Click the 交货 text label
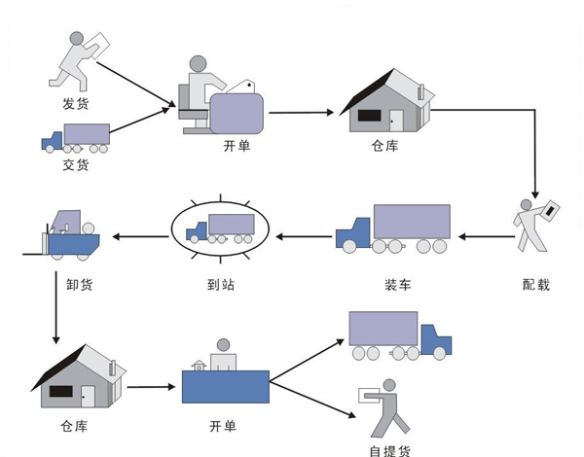coord(75,164)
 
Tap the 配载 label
coord(535,285)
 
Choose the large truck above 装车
coord(393,231)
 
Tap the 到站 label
coord(221,285)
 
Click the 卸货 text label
coord(67,285)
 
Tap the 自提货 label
coord(390,449)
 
